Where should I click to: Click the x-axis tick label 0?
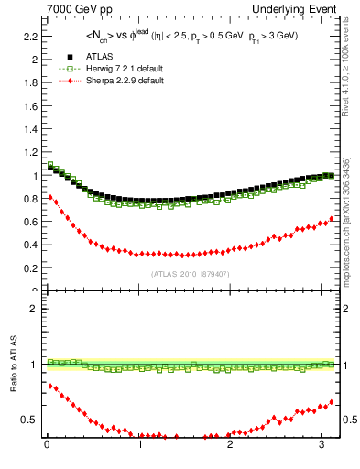coord(47,446)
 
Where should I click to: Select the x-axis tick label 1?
coord(139,446)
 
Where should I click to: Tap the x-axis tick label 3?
coord(322,446)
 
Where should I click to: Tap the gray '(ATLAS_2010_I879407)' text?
coord(190,273)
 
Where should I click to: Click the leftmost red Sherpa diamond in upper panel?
coord(49,197)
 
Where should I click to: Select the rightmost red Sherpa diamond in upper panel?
coord(332,219)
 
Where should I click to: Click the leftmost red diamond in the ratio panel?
coord(49,386)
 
